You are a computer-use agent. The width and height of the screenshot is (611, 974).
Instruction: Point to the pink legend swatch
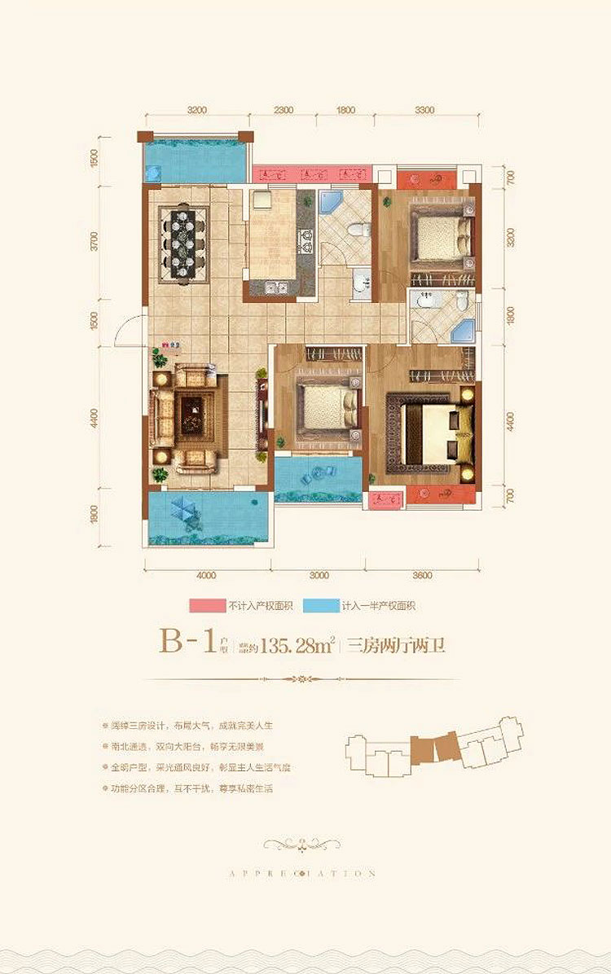coord(208,606)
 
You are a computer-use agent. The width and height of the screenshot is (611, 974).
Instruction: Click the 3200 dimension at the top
coord(196,110)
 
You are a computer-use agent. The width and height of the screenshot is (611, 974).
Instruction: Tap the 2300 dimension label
coord(283,110)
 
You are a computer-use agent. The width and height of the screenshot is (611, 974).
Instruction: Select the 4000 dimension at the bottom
coord(207,575)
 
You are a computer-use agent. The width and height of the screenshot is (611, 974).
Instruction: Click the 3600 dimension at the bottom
coord(421,575)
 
